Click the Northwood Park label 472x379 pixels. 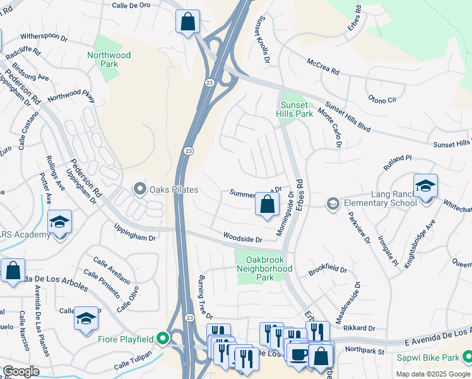click(x=109, y=59)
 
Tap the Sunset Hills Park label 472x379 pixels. click(x=294, y=109)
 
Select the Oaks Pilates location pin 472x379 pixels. click(x=139, y=189)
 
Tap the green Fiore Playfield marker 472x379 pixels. click(x=163, y=339)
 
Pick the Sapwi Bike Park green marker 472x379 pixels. click(x=466, y=357)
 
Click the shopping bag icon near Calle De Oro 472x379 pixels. click(x=187, y=22)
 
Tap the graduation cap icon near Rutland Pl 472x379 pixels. click(x=425, y=186)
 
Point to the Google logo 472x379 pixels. click(x=20, y=371)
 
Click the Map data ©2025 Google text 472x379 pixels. click(x=433, y=374)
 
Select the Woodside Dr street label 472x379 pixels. click(x=242, y=238)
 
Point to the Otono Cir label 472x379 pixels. click(x=382, y=99)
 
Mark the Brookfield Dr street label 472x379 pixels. click(x=327, y=270)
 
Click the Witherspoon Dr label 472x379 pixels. click(x=44, y=37)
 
